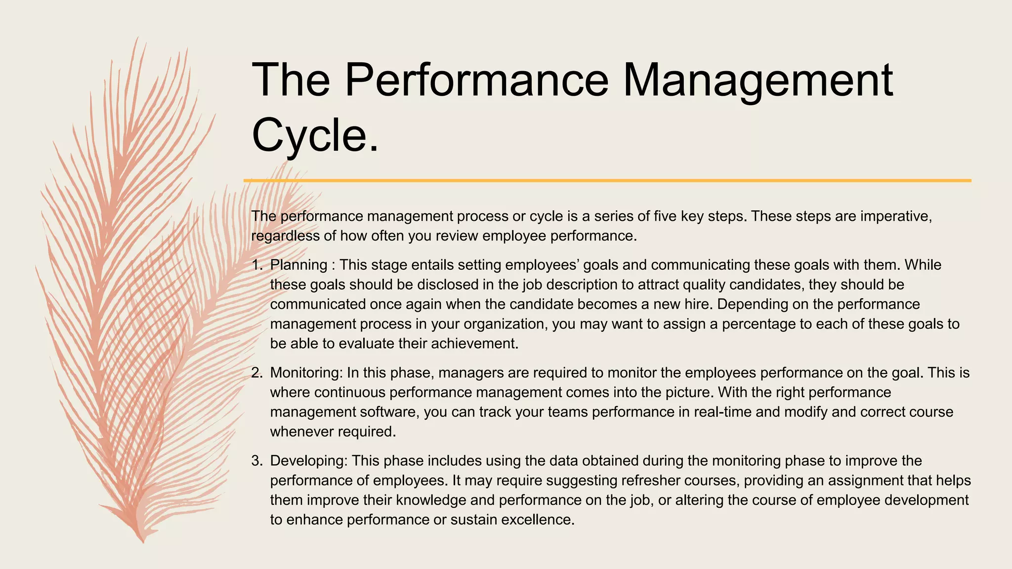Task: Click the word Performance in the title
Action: point(476,80)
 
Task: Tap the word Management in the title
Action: point(758,80)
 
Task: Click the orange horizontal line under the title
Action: point(607,181)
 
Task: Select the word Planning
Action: point(298,265)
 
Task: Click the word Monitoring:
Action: point(306,373)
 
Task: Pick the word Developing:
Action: point(309,461)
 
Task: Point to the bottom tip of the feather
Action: point(143,542)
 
